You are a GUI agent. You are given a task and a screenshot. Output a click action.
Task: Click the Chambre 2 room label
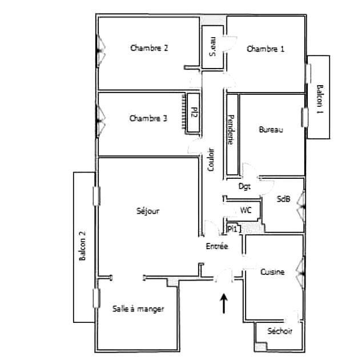point(149,49)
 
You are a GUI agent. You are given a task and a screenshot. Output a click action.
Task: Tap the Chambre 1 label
point(265,49)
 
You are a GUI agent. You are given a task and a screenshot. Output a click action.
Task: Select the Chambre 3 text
point(148,119)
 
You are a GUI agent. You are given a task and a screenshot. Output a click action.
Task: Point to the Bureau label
point(271,130)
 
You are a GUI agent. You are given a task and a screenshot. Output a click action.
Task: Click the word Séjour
point(148,211)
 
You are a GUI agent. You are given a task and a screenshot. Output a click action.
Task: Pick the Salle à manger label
point(138,309)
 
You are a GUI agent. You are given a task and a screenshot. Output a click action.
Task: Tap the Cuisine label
point(272,273)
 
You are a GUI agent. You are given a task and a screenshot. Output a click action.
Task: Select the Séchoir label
point(280,331)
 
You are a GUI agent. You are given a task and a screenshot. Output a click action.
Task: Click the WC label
point(246,210)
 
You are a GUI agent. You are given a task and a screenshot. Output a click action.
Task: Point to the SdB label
point(283,199)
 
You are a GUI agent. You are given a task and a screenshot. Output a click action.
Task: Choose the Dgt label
point(244,186)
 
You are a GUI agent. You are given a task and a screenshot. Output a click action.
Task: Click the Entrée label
point(217,247)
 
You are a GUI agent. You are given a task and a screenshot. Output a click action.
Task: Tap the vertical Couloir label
point(211,161)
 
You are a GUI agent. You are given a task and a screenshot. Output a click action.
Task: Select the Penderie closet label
point(230,130)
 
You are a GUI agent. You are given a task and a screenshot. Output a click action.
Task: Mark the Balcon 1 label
point(319,98)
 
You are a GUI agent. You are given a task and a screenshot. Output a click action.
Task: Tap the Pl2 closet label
point(194,112)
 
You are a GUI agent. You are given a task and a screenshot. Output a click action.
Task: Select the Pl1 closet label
point(233,229)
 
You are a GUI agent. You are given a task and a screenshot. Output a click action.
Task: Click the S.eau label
point(212,47)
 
